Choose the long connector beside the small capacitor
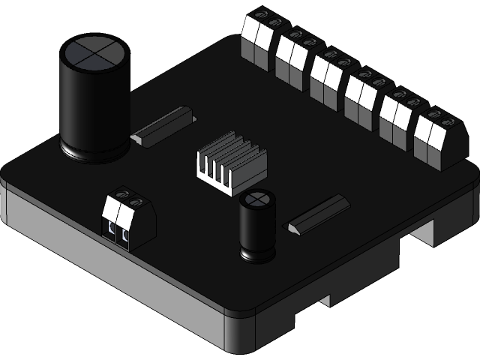(x=319, y=214)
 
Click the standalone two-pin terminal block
(x=128, y=220)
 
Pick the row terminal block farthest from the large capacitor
(x=438, y=139)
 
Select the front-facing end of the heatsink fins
(x=214, y=172)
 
